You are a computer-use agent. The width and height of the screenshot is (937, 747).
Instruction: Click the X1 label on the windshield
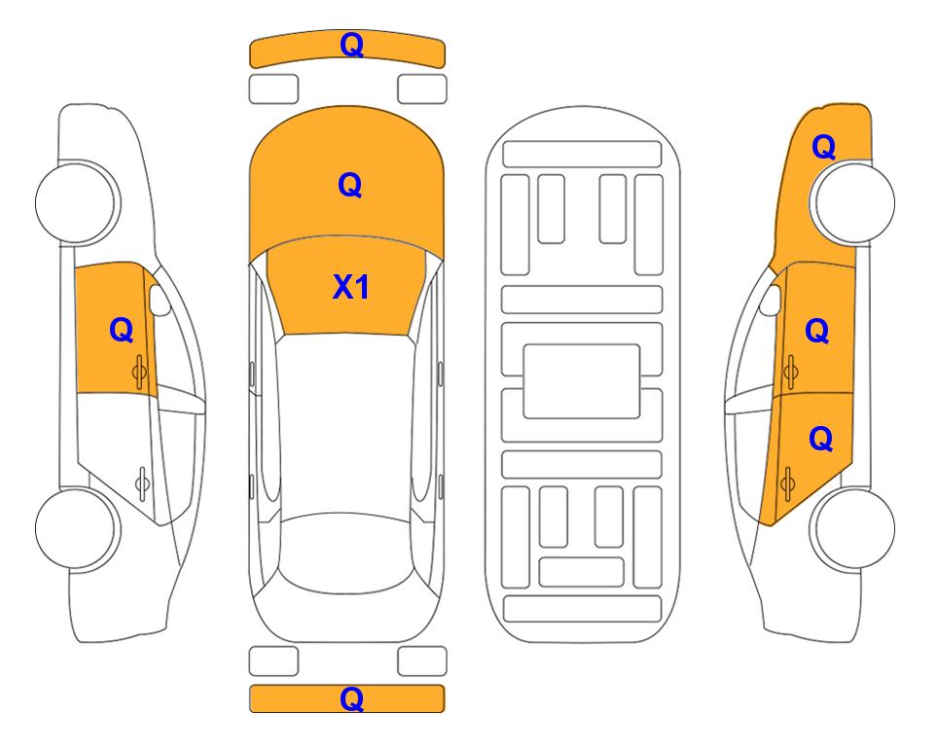(x=351, y=287)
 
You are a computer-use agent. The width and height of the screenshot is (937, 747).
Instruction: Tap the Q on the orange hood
(x=350, y=185)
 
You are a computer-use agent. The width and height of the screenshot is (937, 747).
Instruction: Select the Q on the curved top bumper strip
(x=351, y=45)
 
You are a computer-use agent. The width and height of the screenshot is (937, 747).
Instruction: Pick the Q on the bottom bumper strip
(x=351, y=698)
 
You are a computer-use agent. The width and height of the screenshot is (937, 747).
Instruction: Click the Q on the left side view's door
(x=122, y=330)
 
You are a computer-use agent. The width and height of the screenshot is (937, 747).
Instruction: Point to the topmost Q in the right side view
(x=823, y=147)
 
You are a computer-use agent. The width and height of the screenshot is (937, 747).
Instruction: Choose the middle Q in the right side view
(x=817, y=331)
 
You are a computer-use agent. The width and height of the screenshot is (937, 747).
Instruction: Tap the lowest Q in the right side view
(x=821, y=439)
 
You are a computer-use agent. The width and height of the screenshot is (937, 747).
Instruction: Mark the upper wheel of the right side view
(x=855, y=202)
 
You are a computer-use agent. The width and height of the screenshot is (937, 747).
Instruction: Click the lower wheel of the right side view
(x=855, y=528)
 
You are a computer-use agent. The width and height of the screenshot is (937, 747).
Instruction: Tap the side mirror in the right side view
(x=771, y=300)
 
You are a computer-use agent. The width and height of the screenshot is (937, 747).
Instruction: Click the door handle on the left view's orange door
(x=140, y=373)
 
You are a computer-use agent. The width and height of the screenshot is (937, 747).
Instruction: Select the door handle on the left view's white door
(x=142, y=483)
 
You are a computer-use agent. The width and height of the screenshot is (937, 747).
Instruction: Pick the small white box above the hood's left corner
(x=273, y=89)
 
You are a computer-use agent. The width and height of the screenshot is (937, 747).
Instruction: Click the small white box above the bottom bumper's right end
(x=422, y=661)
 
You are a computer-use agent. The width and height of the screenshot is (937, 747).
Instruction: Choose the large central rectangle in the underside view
(x=582, y=381)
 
